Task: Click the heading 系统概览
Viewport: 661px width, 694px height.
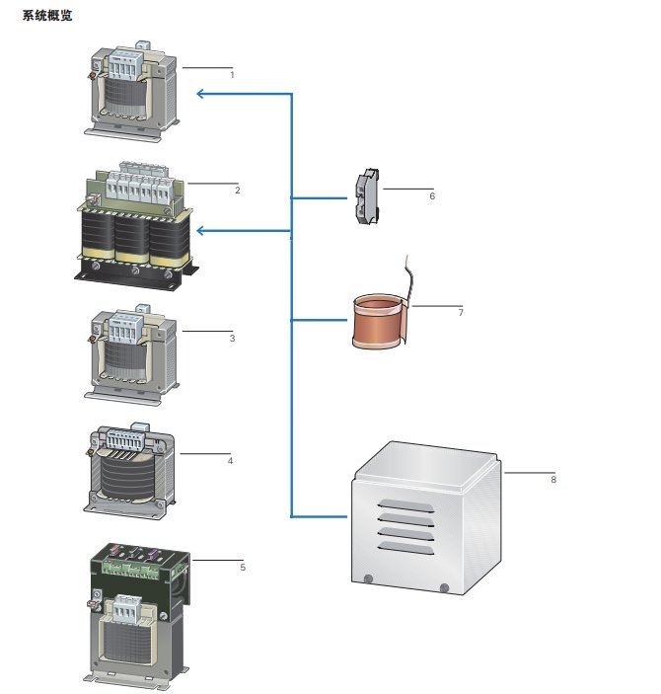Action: [x=47, y=16]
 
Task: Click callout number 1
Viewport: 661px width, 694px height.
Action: [x=233, y=75]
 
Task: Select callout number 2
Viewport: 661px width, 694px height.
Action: [x=238, y=189]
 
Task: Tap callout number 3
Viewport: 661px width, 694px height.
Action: [x=232, y=339]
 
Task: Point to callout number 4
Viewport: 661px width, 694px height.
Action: [x=230, y=460]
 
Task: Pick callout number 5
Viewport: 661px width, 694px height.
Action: [x=242, y=568]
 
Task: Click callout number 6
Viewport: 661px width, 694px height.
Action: [x=432, y=195]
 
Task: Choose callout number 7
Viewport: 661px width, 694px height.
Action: [x=461, y=312]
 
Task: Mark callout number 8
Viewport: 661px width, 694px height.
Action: [x=553, y=480]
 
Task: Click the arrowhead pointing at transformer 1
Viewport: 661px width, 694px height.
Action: [x=200, y=94]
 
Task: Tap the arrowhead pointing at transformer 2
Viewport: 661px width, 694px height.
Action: [x=200, y=231]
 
